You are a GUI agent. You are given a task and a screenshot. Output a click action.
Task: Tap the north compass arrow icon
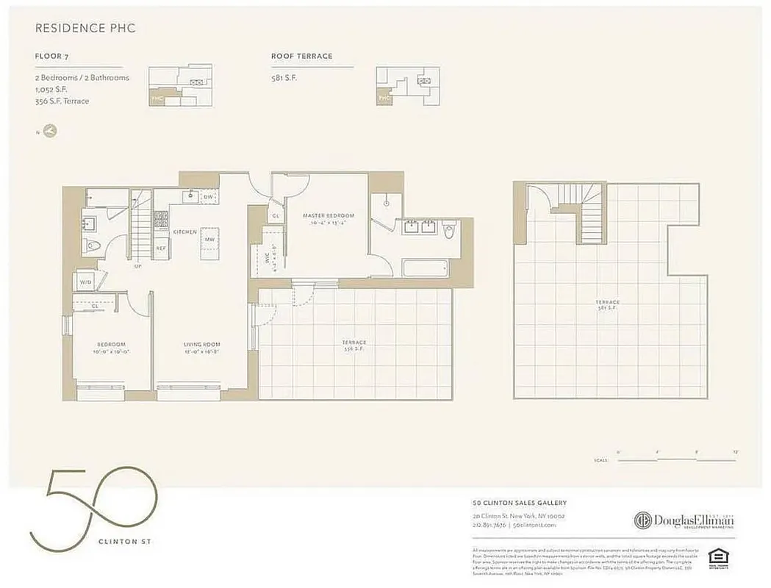50,132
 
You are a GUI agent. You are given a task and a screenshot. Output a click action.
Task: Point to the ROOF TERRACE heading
301,56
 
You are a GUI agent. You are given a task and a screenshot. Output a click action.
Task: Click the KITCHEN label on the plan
184,232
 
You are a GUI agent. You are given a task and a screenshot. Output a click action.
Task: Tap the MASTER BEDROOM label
329,215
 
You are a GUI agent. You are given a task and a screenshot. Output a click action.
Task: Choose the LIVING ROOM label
201,344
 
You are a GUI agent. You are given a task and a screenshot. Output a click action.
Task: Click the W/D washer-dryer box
85,282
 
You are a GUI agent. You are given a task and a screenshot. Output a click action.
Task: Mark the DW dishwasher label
208,197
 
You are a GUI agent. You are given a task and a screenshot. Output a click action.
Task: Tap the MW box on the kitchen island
209,240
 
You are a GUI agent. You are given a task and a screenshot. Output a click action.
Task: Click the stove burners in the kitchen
161,218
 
